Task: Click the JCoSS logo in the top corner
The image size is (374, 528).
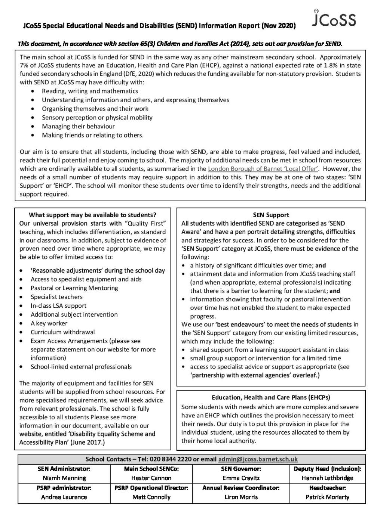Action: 334,19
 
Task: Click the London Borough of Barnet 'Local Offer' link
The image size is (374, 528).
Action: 263,169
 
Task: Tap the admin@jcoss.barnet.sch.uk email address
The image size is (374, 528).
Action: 258,459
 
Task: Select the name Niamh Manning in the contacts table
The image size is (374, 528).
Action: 64,478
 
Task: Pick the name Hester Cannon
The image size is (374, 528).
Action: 151,478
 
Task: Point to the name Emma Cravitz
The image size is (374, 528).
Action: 241,478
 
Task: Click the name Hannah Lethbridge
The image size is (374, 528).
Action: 327,478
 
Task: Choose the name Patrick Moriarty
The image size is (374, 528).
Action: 327,497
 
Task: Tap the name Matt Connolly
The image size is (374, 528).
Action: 151,497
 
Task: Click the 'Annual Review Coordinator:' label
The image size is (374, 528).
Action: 241,488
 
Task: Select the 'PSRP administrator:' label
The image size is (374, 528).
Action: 64,488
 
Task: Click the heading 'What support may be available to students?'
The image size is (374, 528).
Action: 92,215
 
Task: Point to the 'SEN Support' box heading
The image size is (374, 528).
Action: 271,215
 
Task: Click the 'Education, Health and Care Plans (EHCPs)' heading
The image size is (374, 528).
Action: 271,398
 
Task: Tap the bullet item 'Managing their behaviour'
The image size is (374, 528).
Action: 78,127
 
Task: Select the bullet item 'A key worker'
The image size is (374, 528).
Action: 49,323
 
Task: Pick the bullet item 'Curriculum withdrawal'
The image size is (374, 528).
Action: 62,332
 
